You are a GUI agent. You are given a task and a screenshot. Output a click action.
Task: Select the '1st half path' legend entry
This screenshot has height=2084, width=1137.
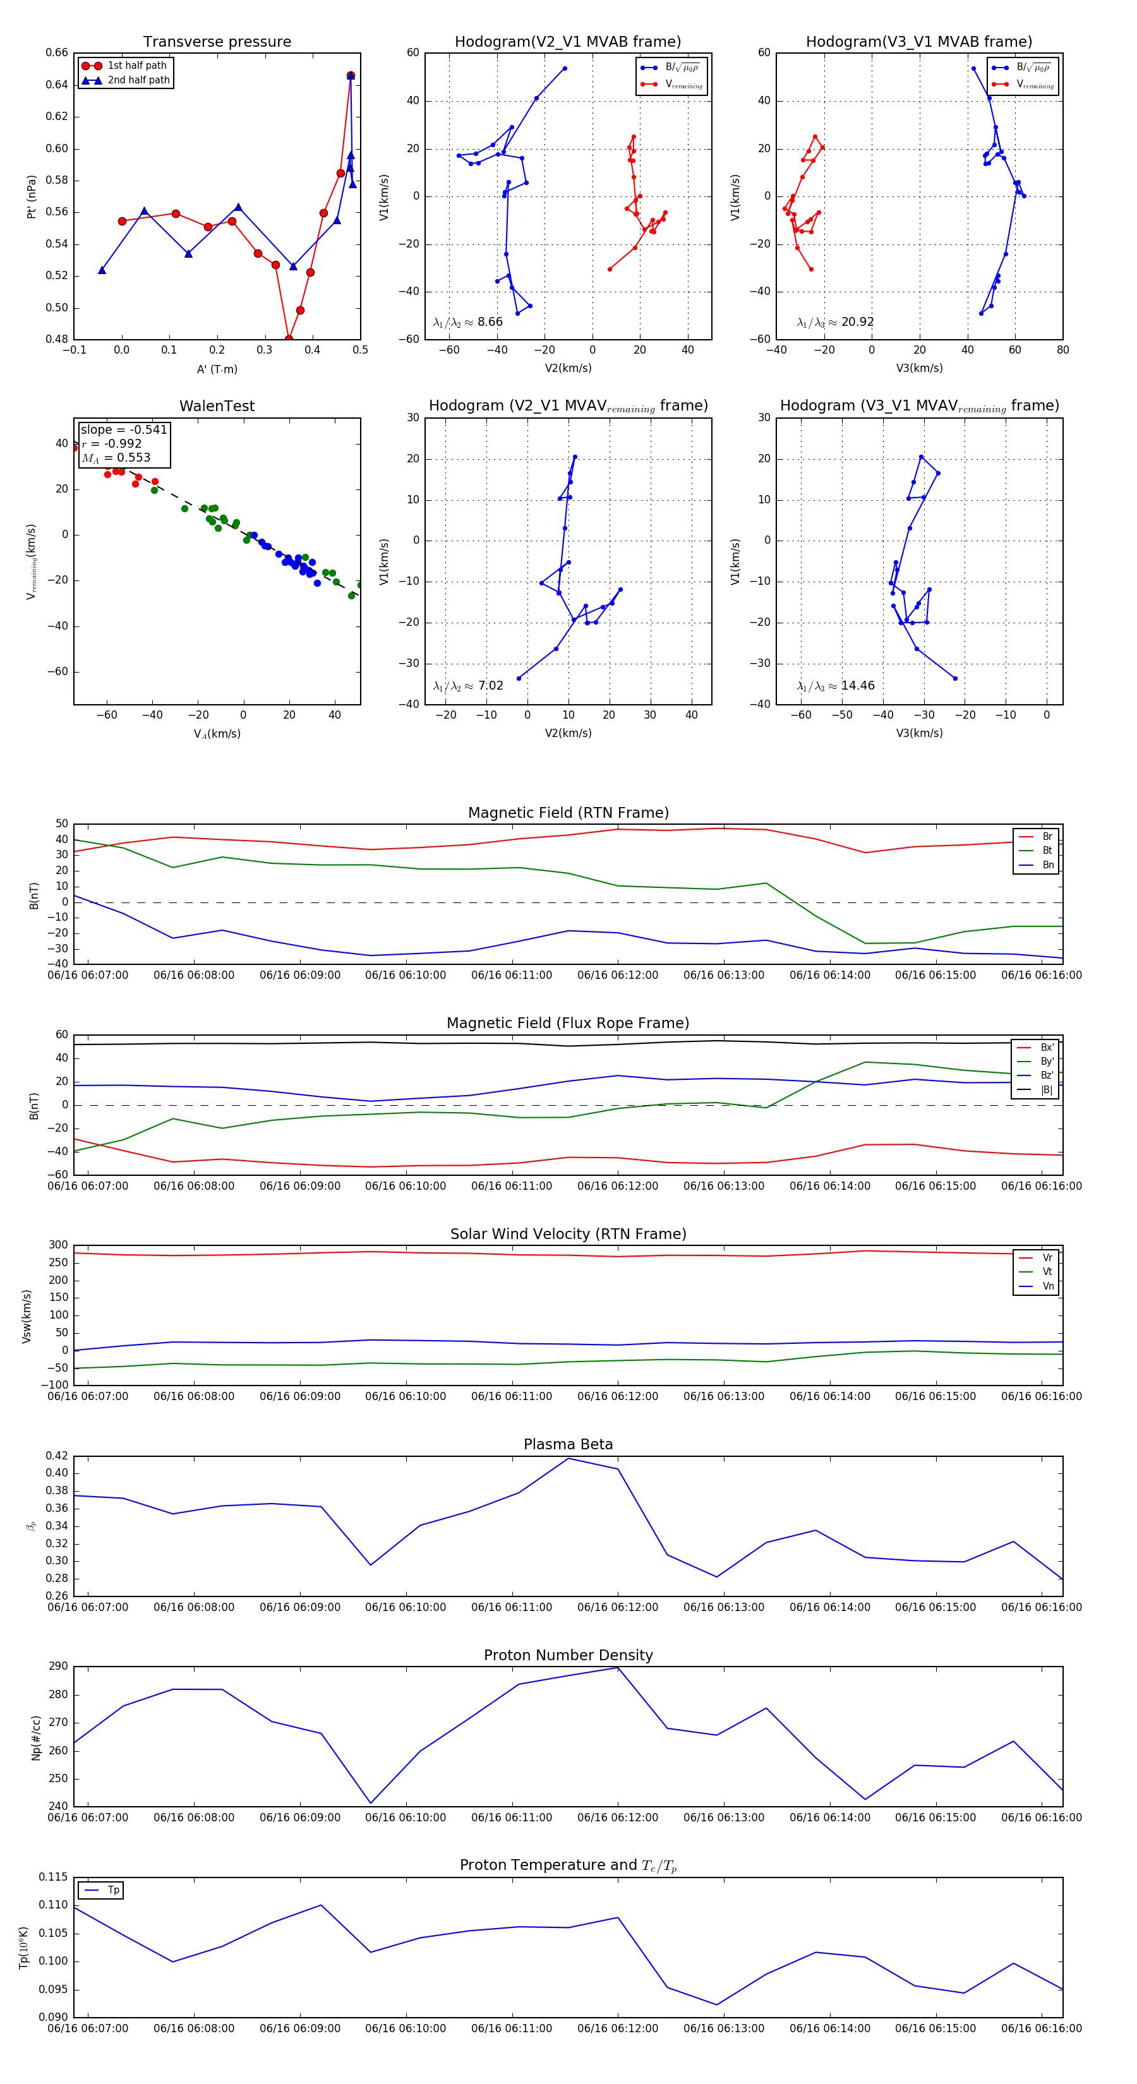coord(137,66)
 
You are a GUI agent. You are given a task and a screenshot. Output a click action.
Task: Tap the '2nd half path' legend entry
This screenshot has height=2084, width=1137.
coord(138,80)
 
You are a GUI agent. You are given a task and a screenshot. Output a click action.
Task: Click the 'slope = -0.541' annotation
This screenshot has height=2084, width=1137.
coord(124,429)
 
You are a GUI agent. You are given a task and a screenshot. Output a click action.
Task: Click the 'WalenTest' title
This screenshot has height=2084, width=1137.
coord(217,406)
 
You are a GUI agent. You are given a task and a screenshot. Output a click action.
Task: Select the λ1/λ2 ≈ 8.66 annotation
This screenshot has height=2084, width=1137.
coord(467,322)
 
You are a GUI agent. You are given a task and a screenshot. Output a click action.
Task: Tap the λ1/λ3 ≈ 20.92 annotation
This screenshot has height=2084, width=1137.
coord(835,322)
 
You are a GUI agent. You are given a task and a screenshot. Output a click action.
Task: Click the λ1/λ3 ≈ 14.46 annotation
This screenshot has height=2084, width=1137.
coord(835,686)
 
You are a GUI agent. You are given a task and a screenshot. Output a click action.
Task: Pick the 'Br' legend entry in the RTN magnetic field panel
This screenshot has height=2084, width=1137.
coord(1047,837)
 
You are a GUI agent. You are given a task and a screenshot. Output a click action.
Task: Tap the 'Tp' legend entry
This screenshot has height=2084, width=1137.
coord(113,1891)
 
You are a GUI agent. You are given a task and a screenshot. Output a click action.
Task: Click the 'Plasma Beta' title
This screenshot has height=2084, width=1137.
coord(568,1445)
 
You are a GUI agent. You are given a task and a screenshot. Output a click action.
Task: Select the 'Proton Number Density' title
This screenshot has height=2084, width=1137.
coord(568,1655)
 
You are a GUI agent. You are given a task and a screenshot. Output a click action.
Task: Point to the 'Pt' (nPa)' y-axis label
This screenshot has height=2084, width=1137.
coord(32,196)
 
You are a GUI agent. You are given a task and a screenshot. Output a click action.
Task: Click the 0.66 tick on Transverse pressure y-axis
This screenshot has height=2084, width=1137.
coord(57,52)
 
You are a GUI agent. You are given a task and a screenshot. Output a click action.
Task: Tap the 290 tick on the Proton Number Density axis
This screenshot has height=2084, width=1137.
coord(58,1667)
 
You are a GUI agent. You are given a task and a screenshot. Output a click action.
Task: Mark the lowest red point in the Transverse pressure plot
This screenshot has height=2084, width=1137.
coord(289,339)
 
